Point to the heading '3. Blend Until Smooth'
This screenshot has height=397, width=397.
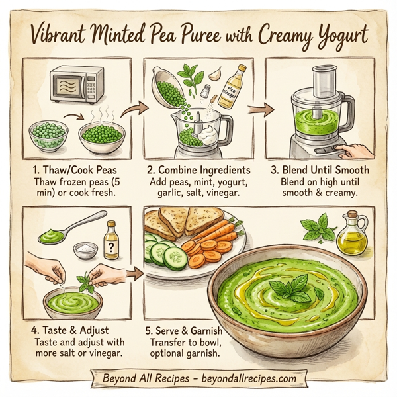(x=320, y=170)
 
